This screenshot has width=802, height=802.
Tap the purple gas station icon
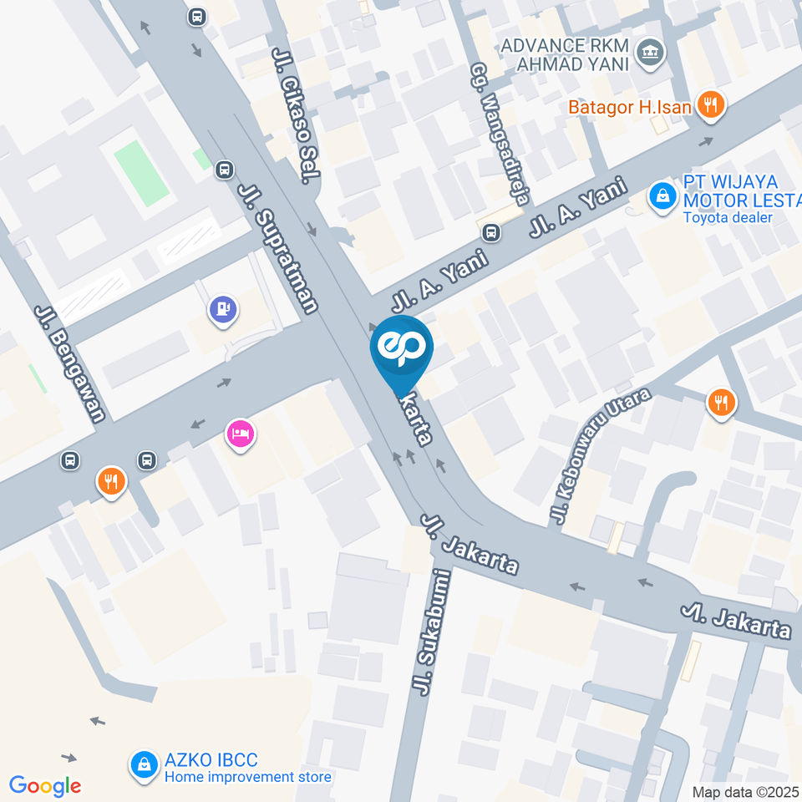coord(223,309)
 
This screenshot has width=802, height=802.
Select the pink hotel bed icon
coord(241,434)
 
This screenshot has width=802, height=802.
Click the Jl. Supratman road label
coord(278,248)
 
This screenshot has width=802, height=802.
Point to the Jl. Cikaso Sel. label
coord(296,115)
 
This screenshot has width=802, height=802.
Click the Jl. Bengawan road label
coord(70,363)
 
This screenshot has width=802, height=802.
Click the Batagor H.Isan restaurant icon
coord(712,105)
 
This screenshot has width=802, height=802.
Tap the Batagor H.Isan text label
coord(631,107)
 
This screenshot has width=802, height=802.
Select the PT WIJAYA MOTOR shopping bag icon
coord(662,198)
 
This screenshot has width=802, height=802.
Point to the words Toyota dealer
coord(728,218)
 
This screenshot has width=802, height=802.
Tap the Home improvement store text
coord(248,777)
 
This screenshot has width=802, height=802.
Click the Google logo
coord(45,785)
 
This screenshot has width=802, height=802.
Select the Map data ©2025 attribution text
coord(746,791)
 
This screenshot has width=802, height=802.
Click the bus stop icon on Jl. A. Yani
coord(493,232)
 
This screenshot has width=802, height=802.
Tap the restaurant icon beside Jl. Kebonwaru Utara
coord(720,403)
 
